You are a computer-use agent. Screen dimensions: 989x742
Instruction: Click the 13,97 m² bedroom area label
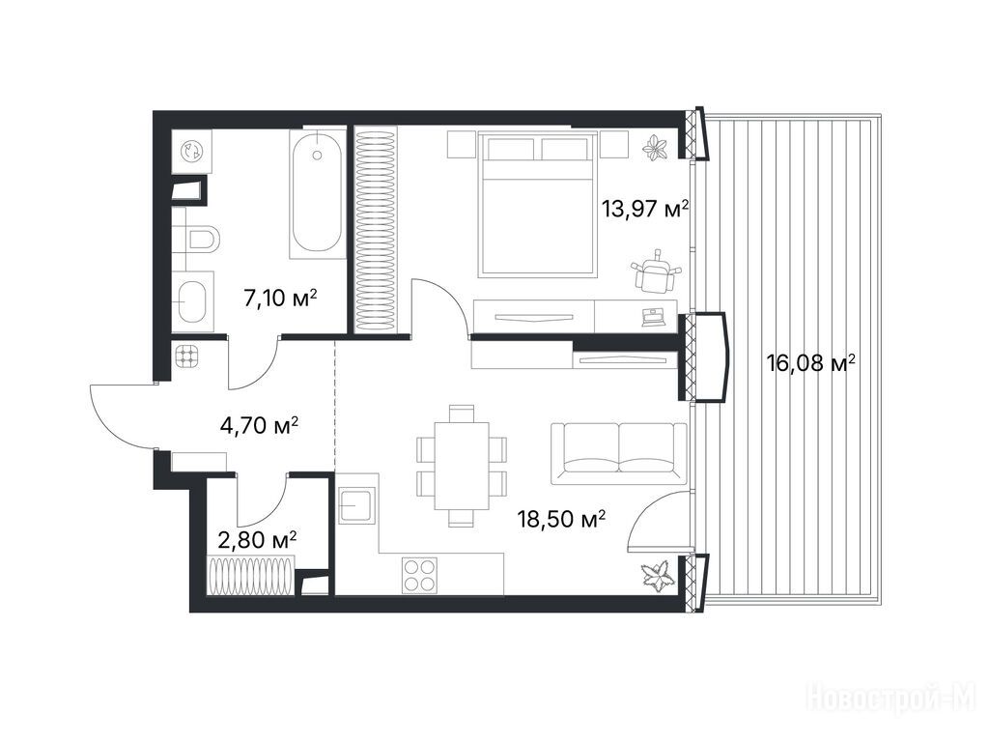pyautogui.click(x=644, y=209)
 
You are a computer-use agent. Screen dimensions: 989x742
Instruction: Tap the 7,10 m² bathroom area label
pyautogui.click(x=280, y=297)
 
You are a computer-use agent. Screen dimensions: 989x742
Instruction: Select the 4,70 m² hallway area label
pyautogui.click(x=259, y=426)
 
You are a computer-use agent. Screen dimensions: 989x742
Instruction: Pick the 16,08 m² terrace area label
pyautogui.click(x=811, y=363)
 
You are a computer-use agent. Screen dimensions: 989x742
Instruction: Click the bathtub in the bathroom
pyautogui.click(x=317, y=192)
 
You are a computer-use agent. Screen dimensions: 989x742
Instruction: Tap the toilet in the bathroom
pyautogui.click(x=203, y=240)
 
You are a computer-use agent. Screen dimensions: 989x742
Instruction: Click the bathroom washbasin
pyautogui.click(x=193, y=301)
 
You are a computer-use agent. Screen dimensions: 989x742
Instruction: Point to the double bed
pyautogui.click(x=537, y=204)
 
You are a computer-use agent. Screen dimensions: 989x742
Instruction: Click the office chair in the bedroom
pyautogui.click(x=656, y=271)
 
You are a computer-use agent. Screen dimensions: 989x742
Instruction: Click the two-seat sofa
pyautogui.click(x=619, y=454)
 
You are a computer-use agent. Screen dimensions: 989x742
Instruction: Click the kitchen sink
pyautogui.click(x=357, y=505)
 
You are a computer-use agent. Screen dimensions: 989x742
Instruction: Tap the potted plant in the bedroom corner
pyautogui.click(x=657, y=147)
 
